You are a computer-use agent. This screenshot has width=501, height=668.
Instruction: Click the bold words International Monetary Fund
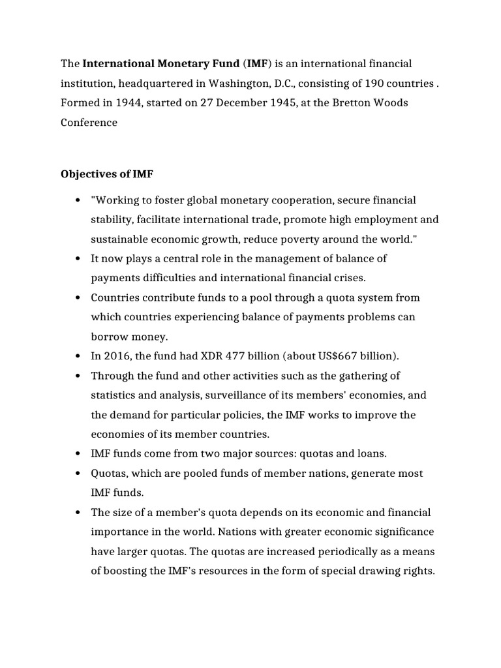coord(160,64)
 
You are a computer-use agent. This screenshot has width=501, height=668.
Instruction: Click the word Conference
coord(89,123)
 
